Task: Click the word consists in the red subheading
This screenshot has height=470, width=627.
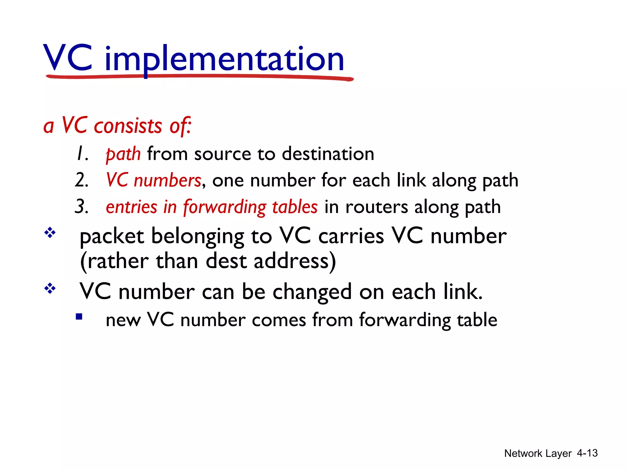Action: click(x=128, y=126)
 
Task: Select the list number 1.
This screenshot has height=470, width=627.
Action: click(x=82, y=154)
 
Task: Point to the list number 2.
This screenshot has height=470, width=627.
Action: click(x=82, y=180)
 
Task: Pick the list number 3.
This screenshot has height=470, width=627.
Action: click(x=82, y=207)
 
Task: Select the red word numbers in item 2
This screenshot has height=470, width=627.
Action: click(x=167, y=180)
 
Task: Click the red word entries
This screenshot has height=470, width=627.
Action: click(x=131, y=207)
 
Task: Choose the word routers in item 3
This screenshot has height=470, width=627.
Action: click(x=377, y=207)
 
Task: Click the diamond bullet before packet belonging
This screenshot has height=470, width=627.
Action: click(x=50, y=233)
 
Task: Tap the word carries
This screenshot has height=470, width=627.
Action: click(x=351, y=236)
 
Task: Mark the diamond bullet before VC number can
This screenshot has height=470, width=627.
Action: click(x=50, y=288)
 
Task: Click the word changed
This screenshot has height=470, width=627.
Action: click(x=312, y=292)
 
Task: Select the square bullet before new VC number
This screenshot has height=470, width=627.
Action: click(x=79, y=317)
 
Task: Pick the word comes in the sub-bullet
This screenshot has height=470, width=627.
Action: click(x=279, y=320)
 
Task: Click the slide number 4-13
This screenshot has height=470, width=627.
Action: click(x=587, y=453)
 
